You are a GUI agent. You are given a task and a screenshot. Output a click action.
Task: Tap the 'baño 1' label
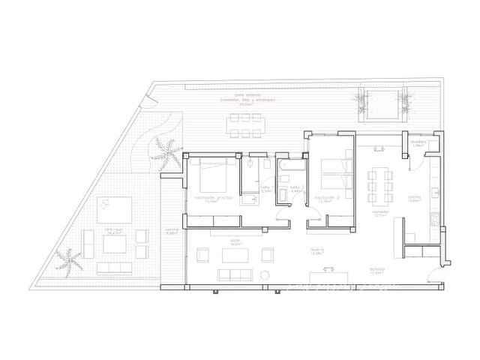coord(265,190)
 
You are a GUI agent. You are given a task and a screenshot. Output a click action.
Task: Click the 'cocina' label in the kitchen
coord(414,199)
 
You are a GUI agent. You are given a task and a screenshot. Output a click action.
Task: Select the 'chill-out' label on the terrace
coord(115,231)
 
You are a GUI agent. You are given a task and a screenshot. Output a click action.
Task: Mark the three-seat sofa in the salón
coord(235,274)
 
